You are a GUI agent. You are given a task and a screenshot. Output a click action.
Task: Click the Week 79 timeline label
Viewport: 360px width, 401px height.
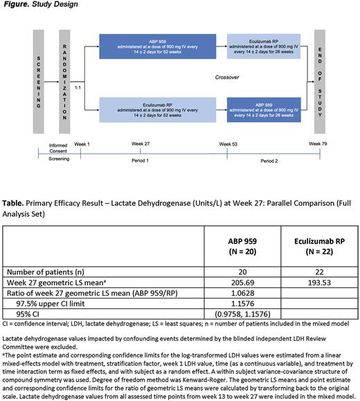[x=318, y=143]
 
